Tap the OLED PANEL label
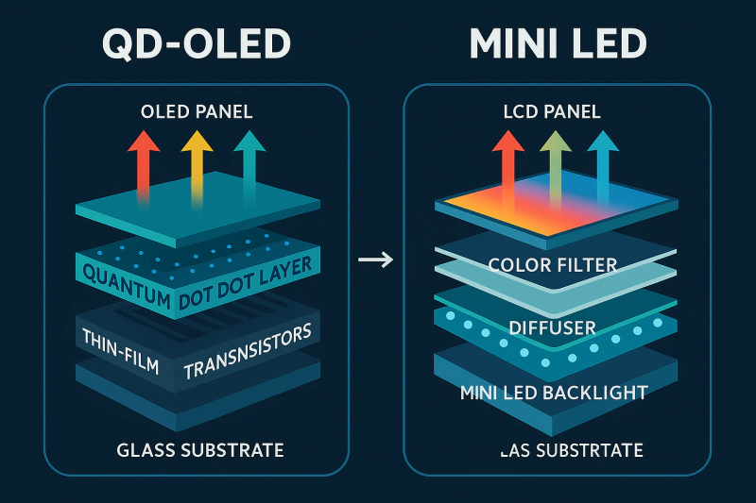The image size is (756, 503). (197, 112)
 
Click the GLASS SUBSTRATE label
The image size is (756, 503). (198, 449)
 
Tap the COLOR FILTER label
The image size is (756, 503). (553, 265)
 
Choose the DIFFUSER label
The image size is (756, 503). (553, 328)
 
